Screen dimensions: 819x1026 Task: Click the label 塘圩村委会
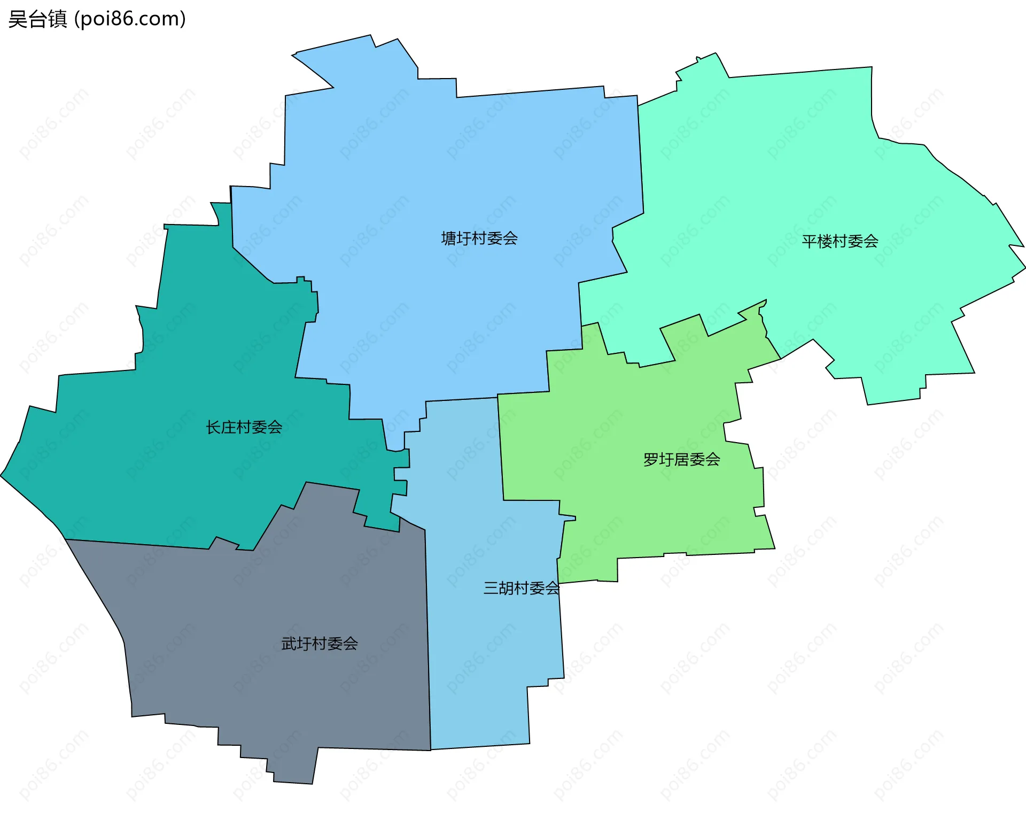point(479,238)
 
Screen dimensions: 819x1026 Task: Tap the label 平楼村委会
point(840,242)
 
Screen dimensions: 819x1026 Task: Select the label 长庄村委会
point(244,427)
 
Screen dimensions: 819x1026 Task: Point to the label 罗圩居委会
point(681,459)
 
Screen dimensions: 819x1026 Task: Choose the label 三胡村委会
point(521,588)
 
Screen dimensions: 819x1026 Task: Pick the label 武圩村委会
point(320,644)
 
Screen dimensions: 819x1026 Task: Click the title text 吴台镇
point(37,19)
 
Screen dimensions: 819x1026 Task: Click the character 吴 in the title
point(18,19)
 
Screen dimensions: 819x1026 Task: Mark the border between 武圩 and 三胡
point(428,642)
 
